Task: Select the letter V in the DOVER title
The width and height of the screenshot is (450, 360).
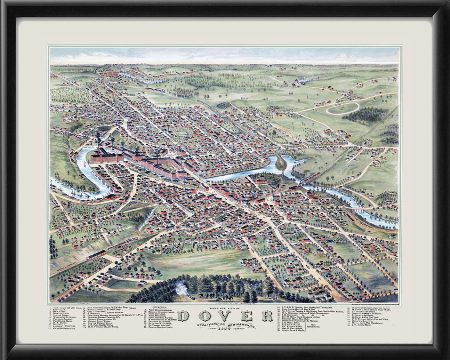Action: pos(226,316)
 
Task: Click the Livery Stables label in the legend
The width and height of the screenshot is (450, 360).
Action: pos(112,313)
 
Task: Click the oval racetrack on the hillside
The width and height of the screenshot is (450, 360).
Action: pos(342,108)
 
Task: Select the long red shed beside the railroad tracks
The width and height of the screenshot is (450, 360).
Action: pos(96,255)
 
